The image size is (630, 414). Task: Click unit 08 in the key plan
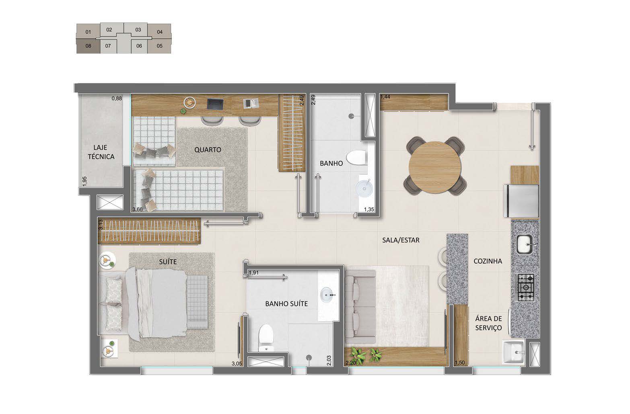click(88, 46)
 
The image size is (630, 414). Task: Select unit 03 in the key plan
click(138, 30)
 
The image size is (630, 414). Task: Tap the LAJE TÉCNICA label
click(101, 152)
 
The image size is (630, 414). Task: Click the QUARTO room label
click(208, 150)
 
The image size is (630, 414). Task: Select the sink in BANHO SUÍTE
click(329, 295)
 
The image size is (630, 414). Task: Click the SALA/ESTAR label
click(401, 240)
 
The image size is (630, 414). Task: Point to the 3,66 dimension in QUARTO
click(138, 209)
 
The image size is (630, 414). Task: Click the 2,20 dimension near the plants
click(350, 363)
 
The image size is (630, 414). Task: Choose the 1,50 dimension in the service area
click(459, 363)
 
